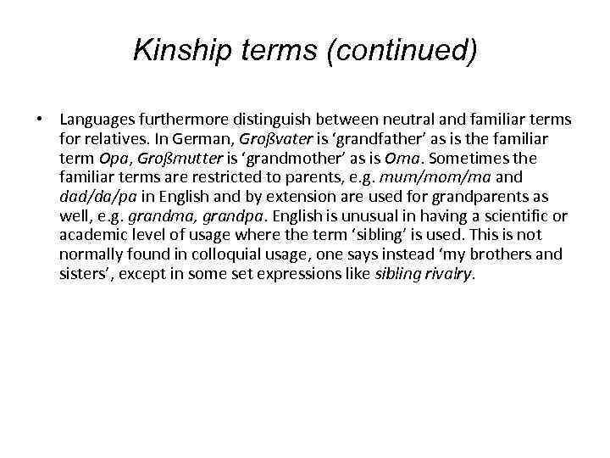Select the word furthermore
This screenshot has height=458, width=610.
click(185, 119)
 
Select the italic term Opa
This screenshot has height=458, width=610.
click(105, 159)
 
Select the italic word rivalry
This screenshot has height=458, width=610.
click(453, 274)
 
